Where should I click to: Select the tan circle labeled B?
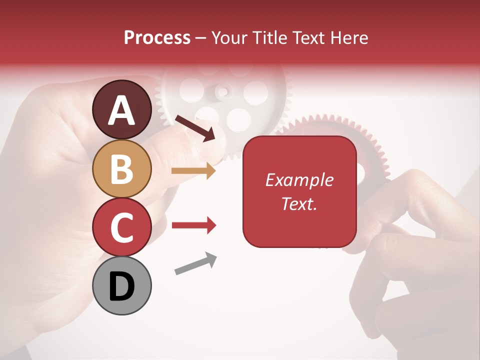tap(121, 169)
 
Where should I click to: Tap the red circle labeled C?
tap(121, 227)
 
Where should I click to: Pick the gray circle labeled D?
tap(121, 286)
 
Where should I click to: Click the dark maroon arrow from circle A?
tap(195, 128)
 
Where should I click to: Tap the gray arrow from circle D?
tap(195, 263)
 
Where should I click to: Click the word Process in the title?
tap(157, 37)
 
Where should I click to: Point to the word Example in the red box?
tap(299, 180)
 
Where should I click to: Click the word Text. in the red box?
tap(299, 203)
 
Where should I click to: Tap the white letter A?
tap(121, 111)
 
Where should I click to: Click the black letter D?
tap(121, 287)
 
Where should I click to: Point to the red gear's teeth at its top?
tap(330, 120)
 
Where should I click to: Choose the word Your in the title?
tap(228, 37)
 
